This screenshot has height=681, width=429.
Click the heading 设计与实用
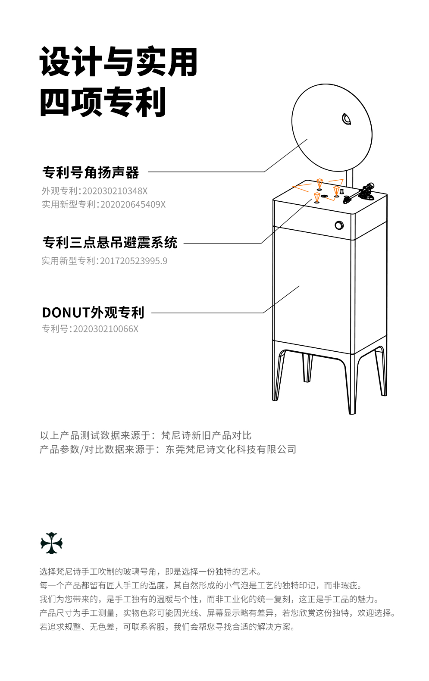point(119,62)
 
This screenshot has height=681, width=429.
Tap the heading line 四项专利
point(103,102)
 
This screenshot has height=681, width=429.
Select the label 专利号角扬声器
point(91,172)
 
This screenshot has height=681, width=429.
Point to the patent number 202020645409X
point(133,204)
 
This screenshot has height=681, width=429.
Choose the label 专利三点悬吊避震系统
point(110,243)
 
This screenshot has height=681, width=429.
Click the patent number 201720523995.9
point(134,261)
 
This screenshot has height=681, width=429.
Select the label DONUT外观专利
point(93,312)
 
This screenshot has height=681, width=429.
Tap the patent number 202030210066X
point(106,329)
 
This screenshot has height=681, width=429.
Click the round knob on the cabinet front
point(339,225)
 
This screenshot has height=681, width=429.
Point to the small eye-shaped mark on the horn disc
point(346,119)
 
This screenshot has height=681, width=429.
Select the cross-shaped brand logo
point(51,543)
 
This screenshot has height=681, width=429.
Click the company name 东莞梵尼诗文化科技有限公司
point(231,450)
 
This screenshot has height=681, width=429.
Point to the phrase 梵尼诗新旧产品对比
point(206,435)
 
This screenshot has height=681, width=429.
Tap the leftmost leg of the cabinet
point(278,375)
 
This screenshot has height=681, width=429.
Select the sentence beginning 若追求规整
point(167,627)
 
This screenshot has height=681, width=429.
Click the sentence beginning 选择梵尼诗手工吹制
point(150,572)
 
